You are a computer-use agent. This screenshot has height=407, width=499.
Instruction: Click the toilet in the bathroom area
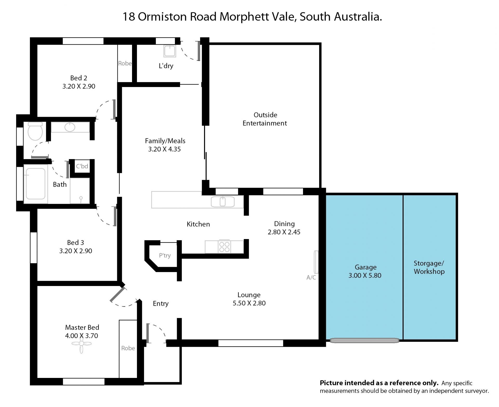click(x=35, y=131)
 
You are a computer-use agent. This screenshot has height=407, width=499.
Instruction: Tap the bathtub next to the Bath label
click(x=36, y=184)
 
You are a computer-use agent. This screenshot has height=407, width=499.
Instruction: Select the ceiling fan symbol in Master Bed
click(x=81, y=344)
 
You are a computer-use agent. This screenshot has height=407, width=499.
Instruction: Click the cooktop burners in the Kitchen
click(x=224, y=247)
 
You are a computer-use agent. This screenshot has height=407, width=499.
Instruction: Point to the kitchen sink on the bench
click(x=223, y=202)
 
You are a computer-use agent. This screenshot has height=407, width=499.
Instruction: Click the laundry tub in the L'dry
click(x=170, y=51)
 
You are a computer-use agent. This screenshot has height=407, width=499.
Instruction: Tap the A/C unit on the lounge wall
click(x=316, y=262)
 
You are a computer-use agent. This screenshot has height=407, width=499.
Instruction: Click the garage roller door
click(x=364, y=340)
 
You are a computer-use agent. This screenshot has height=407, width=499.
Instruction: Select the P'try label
click(x=165, y=255)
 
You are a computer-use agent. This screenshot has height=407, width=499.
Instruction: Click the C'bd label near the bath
click(x=82, y=166)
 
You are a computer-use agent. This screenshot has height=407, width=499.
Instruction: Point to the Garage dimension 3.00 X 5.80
click(x=365, y=275)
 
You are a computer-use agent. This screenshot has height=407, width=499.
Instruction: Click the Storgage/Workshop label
click(x=429, y=267)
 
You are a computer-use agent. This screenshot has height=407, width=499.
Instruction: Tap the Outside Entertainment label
click(x=265, y=119)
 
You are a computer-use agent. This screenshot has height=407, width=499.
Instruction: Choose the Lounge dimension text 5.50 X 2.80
click(x=249, y=303)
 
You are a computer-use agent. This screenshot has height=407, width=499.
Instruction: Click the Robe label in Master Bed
click(x=128, y=348)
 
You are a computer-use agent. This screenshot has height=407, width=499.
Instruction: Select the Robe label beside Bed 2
click(x=125, y=63)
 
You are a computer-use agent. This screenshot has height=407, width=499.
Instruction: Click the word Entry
click(x=161, y=304)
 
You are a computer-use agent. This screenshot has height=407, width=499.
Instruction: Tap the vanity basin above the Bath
click(x=70, y=127)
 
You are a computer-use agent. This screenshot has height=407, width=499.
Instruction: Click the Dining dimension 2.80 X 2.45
click(x=284, y=232)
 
